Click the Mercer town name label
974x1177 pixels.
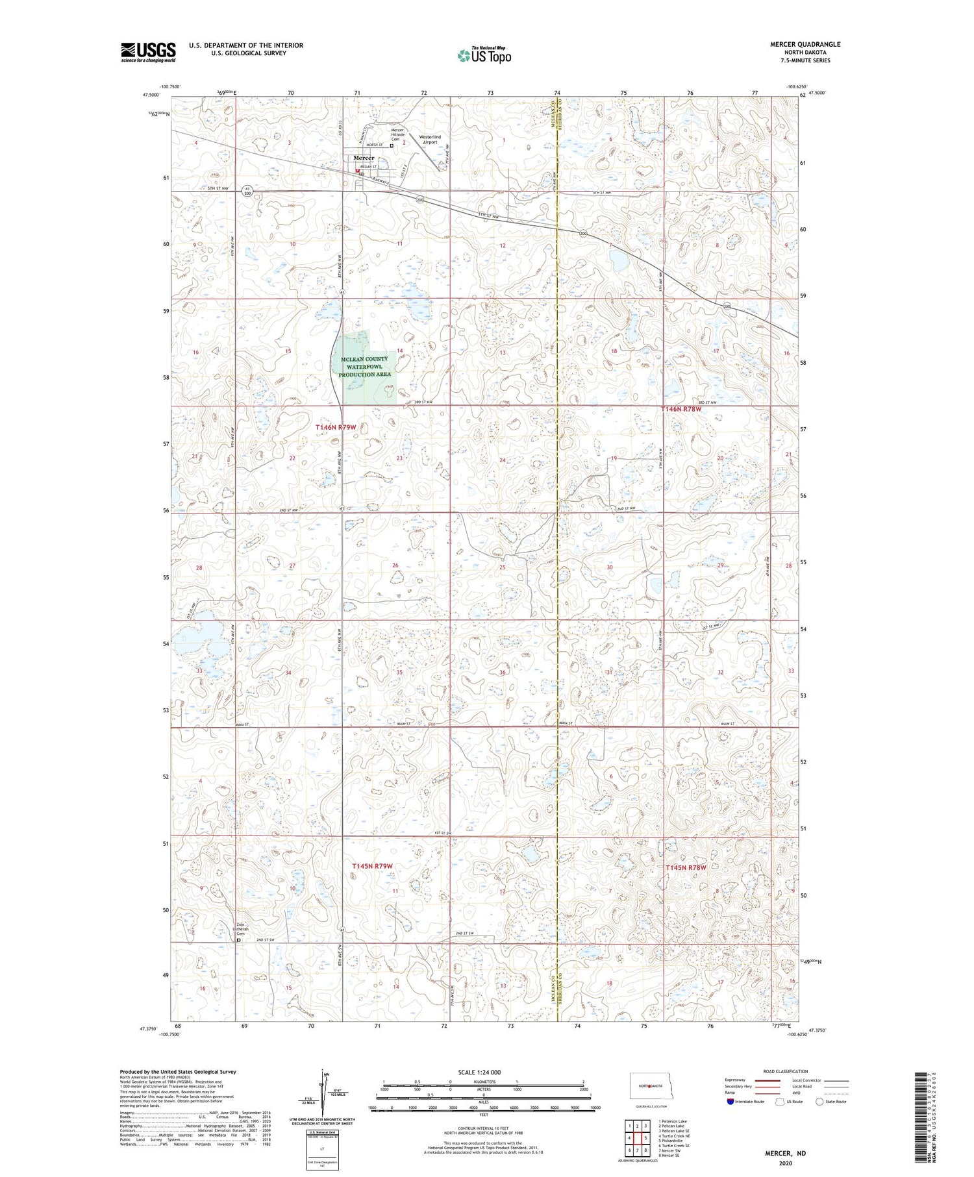tap(364, 158)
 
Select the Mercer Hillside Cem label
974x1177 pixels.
tap(397, 134)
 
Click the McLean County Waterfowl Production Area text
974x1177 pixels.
tap(364, 367)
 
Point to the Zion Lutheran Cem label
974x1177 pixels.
tap(242, 928)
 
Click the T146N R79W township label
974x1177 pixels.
tap(336, 427)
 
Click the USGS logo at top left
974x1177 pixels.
tap(148, 52)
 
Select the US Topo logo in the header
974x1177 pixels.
tap(484, 55)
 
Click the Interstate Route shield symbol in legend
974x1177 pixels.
tap(730, 1102)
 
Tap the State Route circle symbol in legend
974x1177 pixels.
tap(819, 1102)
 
